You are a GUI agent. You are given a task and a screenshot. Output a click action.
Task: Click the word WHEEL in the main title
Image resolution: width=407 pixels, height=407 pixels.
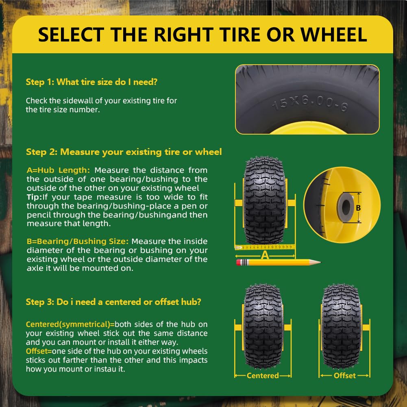coord(334,35)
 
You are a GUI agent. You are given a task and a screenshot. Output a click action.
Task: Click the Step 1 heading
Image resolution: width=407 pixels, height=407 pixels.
coord(91,82)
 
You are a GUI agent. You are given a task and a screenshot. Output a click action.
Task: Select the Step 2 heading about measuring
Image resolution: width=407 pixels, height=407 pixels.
coord(124,152)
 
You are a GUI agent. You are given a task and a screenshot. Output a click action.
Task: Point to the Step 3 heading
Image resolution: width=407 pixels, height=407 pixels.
coord(113,302)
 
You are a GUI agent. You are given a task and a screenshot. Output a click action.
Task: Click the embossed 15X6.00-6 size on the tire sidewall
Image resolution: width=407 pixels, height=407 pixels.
coord(310,103)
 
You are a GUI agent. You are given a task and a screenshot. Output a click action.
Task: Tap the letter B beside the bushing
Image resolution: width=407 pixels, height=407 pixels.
coord(358,208)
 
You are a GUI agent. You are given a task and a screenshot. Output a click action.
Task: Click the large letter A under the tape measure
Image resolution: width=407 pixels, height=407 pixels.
coord(265,255)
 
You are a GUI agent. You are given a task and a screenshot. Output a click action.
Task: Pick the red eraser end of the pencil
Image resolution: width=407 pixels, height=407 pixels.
coord(239,262)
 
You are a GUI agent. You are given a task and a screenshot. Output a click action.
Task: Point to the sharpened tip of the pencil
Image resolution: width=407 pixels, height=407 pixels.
coord(320,262)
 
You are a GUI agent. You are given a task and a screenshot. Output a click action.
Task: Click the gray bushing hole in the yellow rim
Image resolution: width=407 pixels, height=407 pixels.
coord(346,207)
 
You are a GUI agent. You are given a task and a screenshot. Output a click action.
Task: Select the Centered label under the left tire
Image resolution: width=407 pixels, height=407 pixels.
coord(263,376)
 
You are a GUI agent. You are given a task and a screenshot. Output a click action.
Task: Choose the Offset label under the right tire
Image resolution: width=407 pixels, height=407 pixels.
coord(345,376)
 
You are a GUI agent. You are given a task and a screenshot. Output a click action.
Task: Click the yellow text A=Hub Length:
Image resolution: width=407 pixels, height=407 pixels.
coord(58,170)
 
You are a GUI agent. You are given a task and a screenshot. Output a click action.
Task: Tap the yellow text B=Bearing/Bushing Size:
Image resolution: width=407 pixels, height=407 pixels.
coord(78,242)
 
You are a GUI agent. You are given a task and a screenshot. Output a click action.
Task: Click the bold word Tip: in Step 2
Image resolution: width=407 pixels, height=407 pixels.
coord(34,197)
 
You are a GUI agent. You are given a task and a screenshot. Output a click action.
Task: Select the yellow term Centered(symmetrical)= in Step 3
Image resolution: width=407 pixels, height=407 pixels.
coord(70,324)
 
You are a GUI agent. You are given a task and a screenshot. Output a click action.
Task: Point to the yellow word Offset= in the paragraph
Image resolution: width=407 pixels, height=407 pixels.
coord(39,351)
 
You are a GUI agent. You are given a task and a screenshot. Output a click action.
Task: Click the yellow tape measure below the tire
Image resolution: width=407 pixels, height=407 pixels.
coord(265,247)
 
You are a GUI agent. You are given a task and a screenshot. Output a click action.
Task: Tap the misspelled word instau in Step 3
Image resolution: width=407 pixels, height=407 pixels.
coord(105,369)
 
